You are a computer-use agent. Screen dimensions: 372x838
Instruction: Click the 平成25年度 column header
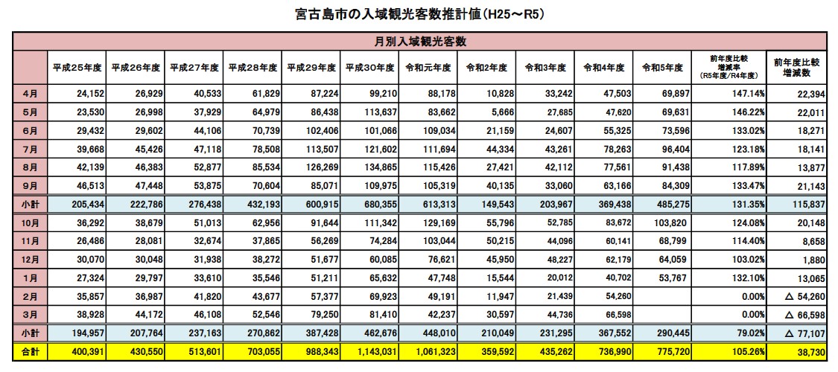point(77,67)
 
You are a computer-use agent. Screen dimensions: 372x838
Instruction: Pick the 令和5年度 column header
point(662,67)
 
